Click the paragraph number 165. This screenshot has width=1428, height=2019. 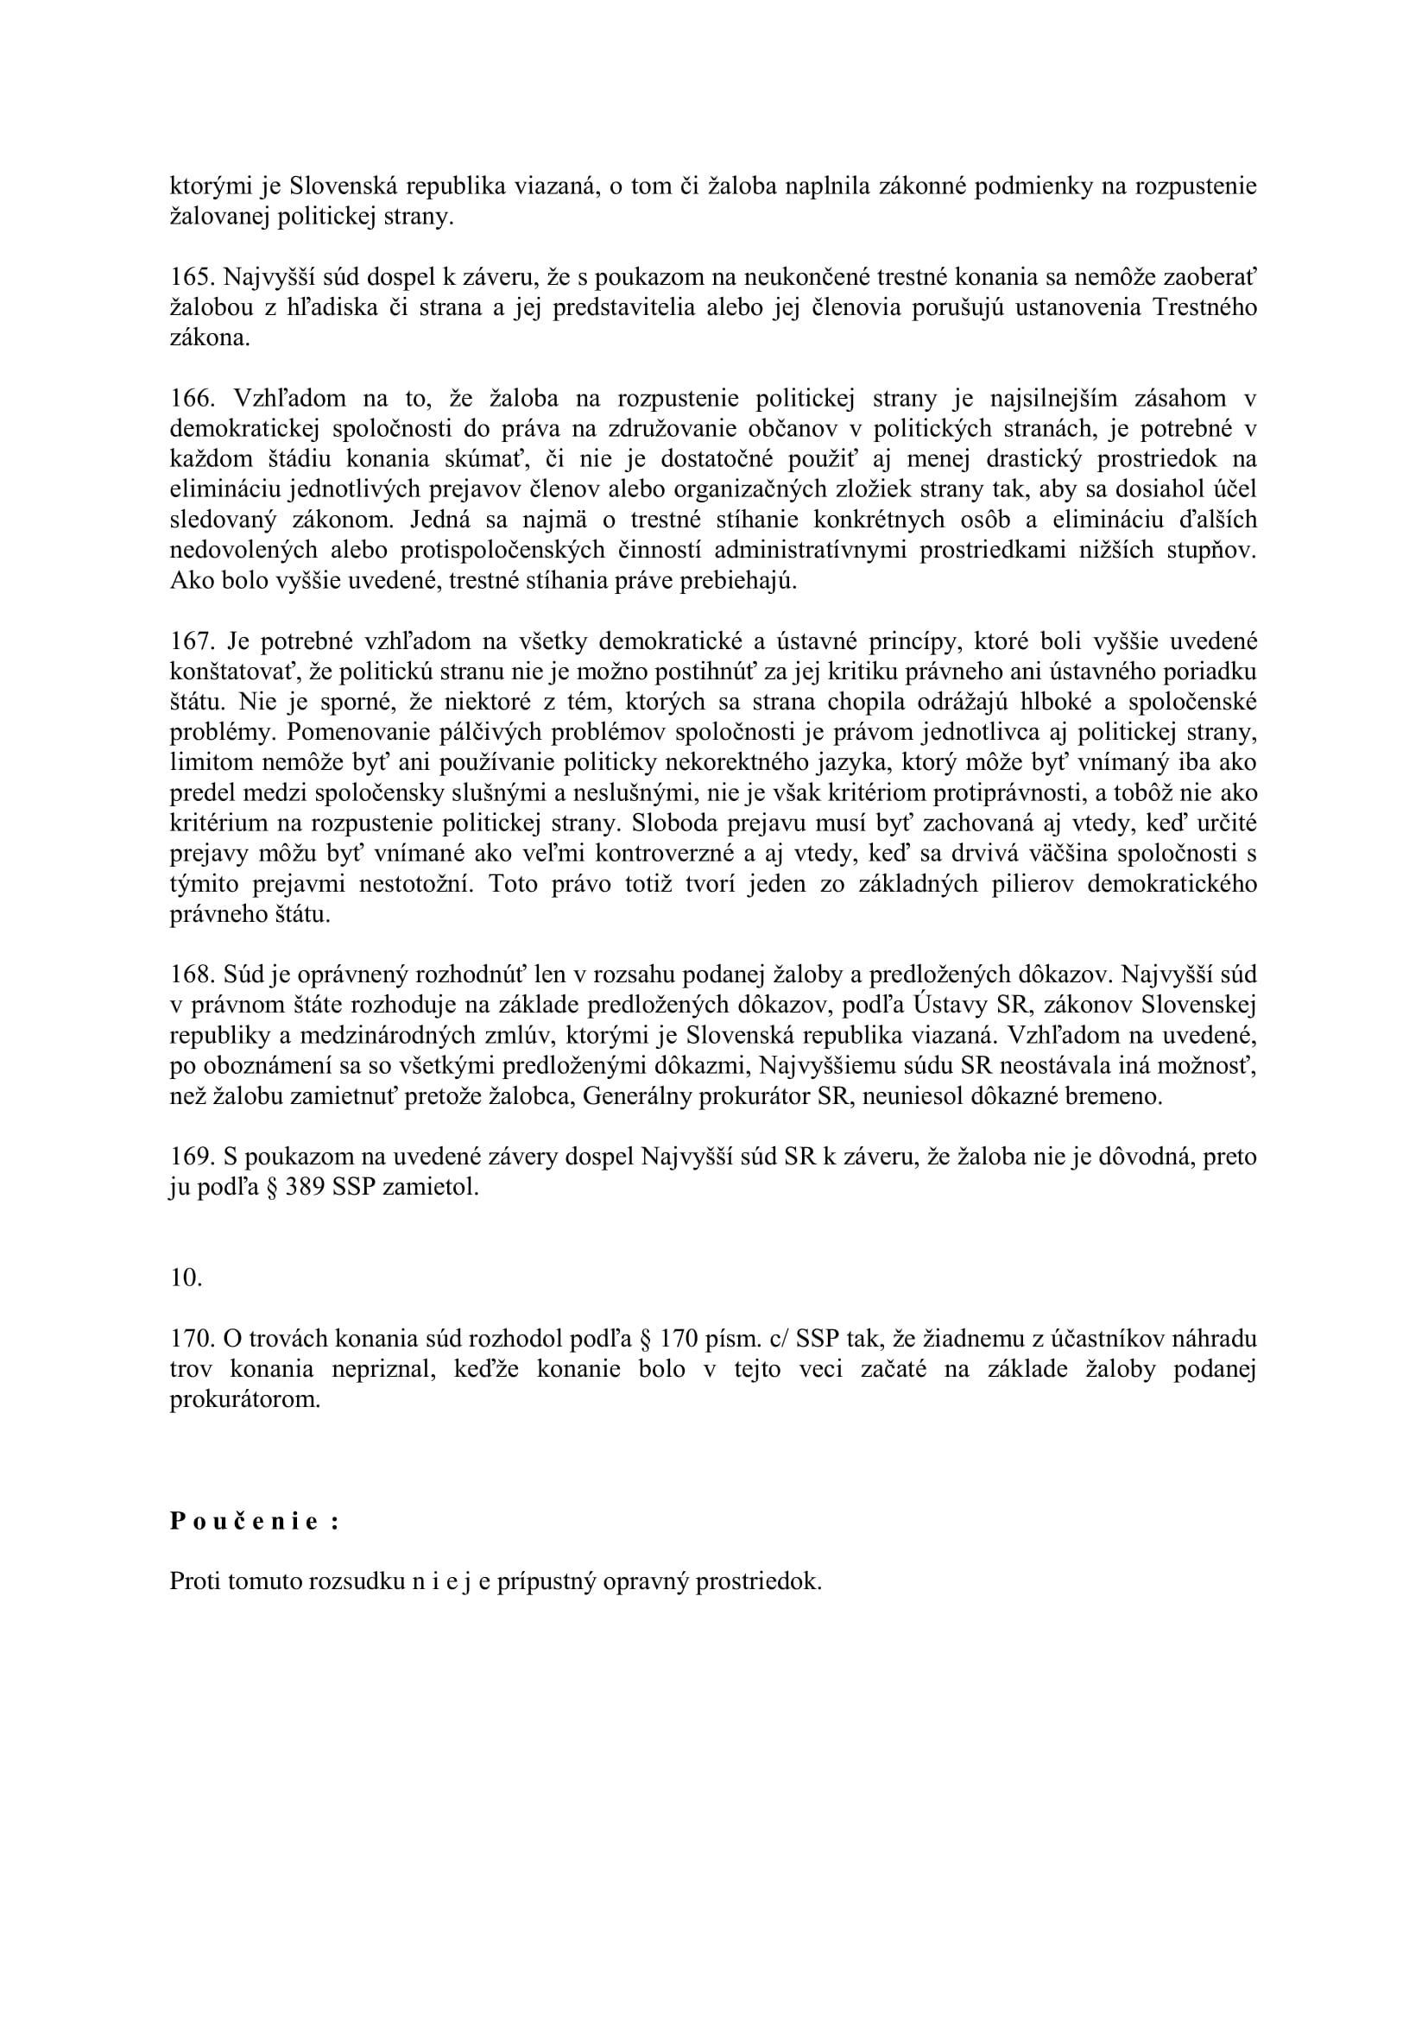coord(193,278)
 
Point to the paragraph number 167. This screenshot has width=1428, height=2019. coord(193,642)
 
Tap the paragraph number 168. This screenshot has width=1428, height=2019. coord(193,975)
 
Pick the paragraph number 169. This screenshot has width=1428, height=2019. coord(193,1158)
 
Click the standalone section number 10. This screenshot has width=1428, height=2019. coord(186,1278)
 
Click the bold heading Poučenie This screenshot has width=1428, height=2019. coord(254,1522)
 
